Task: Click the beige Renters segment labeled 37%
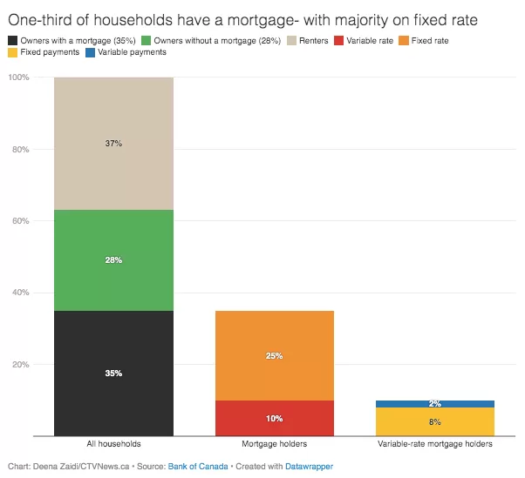pyautogui.click(x=114, y=144)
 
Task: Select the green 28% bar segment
pyautogui.click(x=114, y=260)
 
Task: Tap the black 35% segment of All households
pyautogui.click(x=114, y=374)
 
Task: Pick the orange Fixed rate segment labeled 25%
pyautogui.click(x=275, y=355)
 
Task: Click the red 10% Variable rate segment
pyautogui.click(x=275, y=418)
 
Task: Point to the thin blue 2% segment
pyautogui.click(x=435, y=404)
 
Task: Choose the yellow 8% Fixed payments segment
pyautogui.click(x=435, y=422)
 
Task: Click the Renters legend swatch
pyautogui.click(x=291, y=41)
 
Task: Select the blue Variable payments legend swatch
pyautogui.click(x=90, y=52)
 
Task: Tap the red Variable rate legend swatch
pyautogui.click(x=339, y=41)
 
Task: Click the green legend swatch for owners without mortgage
pyautogui.click(x=146, y=41)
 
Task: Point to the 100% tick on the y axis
pyautogui.click(x=19, y=77)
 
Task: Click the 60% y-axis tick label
pyautogui.click(x=21, y=221)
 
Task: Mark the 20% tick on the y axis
pyautogui.click(x=21, y=364)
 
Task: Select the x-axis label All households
pyautogui.click(x=114, y=444)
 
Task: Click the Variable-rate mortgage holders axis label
pyautogui.click(x=435, y=444)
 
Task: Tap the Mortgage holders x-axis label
pyautogui.click(x=275, y=444)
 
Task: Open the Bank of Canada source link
pyautogui.click(x=198, y=467)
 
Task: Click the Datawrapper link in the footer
pyautogui.click(x=309, y=467)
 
